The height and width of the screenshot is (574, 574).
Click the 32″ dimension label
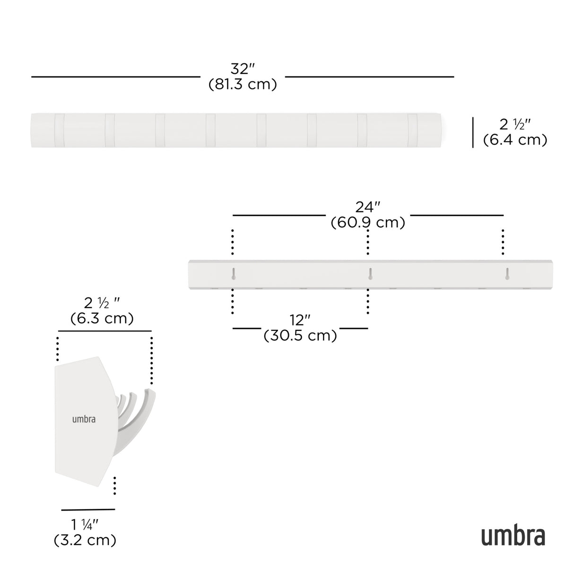[x=243, y=69]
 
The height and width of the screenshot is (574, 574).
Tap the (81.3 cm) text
[x=243, y=85]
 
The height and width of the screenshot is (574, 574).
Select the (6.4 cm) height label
[x=515, y=140]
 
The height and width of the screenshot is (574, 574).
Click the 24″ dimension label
[x=368, y=207]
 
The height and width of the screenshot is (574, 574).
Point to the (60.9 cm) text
[x=368, y=222]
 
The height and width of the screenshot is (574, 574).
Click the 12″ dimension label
[x=300, y=320]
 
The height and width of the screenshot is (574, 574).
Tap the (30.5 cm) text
[x=300, y=336]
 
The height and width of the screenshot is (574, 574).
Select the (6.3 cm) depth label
[x=102, y=318]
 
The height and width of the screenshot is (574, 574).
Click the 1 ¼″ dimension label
[x=85, y=524]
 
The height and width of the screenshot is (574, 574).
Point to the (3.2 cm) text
[x=85, y=540]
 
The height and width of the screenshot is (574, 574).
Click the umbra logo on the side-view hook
[x=84, y=419]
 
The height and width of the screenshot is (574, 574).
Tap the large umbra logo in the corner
[x=513, y=536]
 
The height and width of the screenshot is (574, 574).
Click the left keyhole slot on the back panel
[x=233, y=274]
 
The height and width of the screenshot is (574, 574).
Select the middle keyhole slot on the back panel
[x=370, y=274]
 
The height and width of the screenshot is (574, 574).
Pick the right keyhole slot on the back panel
[x=506, y=274]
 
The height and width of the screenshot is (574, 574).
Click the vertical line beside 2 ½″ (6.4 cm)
[x=473, y=132]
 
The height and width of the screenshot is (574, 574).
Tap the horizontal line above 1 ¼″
[x=88, y=510]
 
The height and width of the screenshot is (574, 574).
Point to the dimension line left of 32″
[x=116, y=76]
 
